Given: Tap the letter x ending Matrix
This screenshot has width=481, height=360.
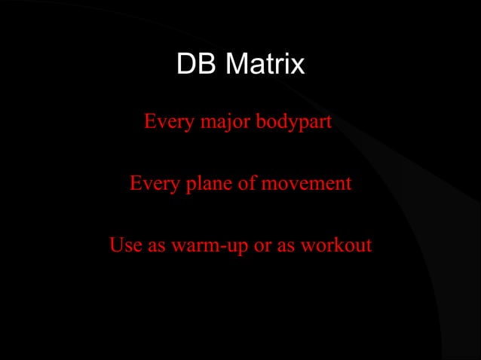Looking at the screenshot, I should click(298, 66).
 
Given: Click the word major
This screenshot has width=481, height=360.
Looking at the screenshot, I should click(225, 121).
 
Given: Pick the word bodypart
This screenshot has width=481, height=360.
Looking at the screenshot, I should click(293, 121).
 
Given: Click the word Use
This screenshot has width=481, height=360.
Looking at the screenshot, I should click(123, 246).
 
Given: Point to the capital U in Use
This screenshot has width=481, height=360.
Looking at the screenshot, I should click(116, 246).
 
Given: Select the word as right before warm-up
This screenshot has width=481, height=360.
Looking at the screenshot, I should click(156, 246).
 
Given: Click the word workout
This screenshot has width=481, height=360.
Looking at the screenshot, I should click(336, 246).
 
